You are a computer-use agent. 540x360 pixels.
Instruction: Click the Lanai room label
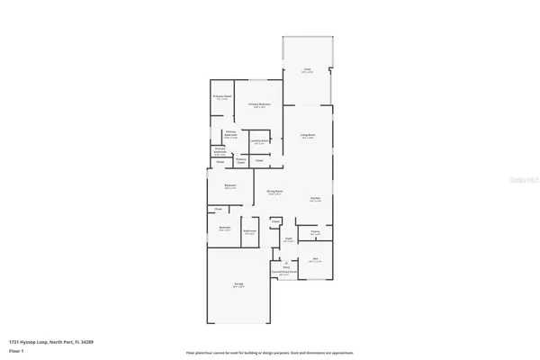pyautogui.click(x=307, y=70)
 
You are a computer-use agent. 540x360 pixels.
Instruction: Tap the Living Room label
pyautogui.click(x=307, y=136)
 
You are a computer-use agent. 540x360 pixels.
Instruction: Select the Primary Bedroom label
pyautogui.click(x=259, y=104)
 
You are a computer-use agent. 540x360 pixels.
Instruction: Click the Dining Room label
pyautogui.click(x=274, y=191)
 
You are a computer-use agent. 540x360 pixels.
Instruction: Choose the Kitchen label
pyautogui.click(x=316, y=199)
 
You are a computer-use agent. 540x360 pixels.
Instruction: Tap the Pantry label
pyautogui.click(x=315, y=232)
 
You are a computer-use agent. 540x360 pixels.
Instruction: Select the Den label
pyautogui.click(x=316, y=259)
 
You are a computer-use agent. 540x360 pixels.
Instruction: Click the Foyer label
pyautogui.click(x=290, y=239)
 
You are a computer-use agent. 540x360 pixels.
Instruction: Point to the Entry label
pyautogui.click(x=286, y=266)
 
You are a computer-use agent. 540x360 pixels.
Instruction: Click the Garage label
pyautogui.click(x=239, y=284)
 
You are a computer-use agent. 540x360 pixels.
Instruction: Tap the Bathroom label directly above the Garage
pyautogui.click(x=250, y=231)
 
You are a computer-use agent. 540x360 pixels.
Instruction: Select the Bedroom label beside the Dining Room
pyautogui.click(x=229, y=186)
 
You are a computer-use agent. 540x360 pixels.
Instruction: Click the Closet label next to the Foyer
pyautogui.click(x=275, y=220)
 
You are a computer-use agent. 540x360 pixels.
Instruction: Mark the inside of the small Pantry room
pyautogui.click(x=315, y=237)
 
